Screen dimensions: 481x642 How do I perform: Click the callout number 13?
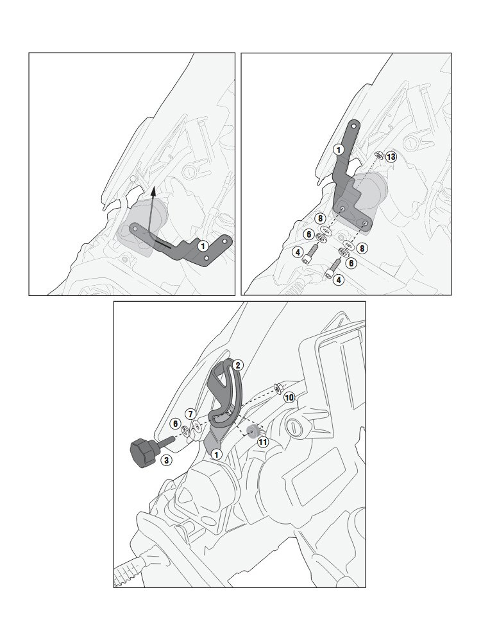pos(391,157)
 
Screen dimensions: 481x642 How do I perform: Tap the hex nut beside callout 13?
pos(379,155)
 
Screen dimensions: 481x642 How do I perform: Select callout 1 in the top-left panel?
pos(203,246)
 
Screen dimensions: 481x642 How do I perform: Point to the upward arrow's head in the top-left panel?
pos(153,189)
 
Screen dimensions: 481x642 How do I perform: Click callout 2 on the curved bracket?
pos(237,365)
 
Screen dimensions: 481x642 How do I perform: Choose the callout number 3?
pos(165,460)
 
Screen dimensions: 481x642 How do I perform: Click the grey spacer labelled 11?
pos(252,431)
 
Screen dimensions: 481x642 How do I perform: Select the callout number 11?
pos(262,442)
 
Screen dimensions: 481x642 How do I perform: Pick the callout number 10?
pos(289,397)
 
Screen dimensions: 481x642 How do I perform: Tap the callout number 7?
pos(190,414)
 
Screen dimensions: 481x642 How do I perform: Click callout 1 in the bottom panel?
pos(216,454)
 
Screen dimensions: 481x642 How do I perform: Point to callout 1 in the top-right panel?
pos(338,150)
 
